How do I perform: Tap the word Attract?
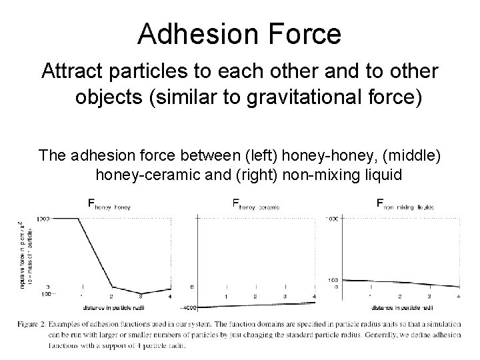click(73, 71)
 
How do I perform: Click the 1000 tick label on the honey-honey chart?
click(63, 219)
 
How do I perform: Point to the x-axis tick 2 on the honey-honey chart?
click(111, 296)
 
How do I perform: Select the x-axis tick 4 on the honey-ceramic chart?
click(314, 296)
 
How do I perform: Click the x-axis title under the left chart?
click(115, 309)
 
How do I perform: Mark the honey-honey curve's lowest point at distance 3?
click(141, 293)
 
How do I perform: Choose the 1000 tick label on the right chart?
click(332, 219)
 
